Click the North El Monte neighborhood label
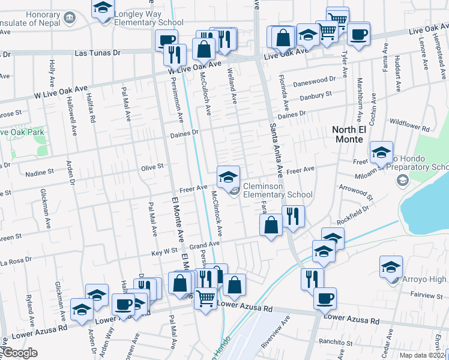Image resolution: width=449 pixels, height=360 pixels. pyautogui.click(x=348, y=134)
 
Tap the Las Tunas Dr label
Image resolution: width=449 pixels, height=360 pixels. pyautogui.click(x=98, y=53)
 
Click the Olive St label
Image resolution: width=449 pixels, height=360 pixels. pyautogui.click(x=152, y=167)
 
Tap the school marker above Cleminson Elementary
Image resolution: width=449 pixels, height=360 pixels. pyautogui.click(x=228, y=176)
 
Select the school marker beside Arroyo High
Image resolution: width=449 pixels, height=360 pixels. pyautogui.click(x=391, y=266)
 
